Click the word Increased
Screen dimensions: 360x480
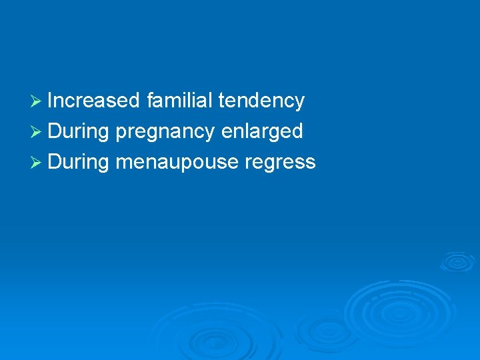tap(93, 101)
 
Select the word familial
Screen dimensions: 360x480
tap(177, 101)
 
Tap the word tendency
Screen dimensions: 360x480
tap(261, 101)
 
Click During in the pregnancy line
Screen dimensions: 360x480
tap(78, 131)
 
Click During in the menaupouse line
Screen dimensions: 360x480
tap(78, 162)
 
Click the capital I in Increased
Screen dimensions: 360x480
tap(50, 101)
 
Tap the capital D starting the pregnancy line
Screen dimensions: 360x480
tap(54, 131)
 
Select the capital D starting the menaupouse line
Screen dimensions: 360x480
tap(54, 162)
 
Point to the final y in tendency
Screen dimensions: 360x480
tap(299, 103)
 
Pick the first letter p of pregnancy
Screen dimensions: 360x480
tap(120, 133)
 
